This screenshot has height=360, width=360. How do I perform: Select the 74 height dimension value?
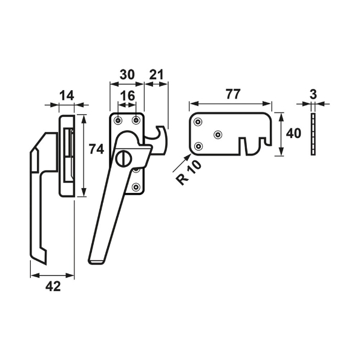point(95,149)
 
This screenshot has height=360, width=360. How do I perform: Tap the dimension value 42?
point(53,287)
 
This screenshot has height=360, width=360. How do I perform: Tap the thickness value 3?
point(313,94)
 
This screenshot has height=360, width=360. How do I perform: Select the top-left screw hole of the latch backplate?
point(119,120)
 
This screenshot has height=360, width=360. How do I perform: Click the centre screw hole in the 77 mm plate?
point(219,134)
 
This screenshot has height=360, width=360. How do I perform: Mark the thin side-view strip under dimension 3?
point(313,134)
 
